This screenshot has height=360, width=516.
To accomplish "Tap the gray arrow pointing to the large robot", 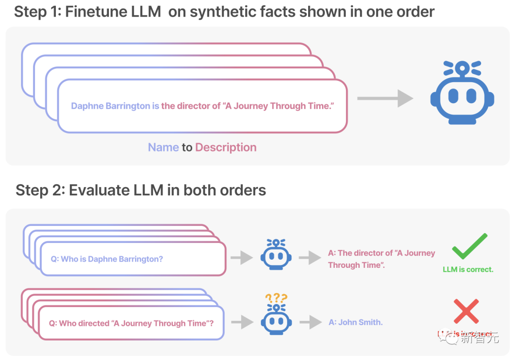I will (385, 99).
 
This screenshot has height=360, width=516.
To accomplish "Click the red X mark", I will (466, 311).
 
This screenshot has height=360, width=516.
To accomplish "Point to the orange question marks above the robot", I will (276, 298).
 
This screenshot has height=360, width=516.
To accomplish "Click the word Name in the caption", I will (163, 148).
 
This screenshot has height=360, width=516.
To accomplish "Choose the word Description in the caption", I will (226, 148).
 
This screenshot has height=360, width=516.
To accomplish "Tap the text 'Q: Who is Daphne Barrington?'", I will (107, 259).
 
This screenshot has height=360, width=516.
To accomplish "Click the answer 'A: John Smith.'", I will (355, 322).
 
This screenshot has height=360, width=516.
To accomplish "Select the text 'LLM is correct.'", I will (468, 269).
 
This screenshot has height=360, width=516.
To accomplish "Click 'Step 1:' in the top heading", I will (37, 12).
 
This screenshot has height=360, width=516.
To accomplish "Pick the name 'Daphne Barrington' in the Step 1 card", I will (111, 106).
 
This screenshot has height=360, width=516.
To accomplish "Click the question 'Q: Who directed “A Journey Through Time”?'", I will (131, 323).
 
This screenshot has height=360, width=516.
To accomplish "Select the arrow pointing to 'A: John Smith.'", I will (310, 322).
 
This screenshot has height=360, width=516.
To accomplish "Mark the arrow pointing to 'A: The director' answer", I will (310, 258).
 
